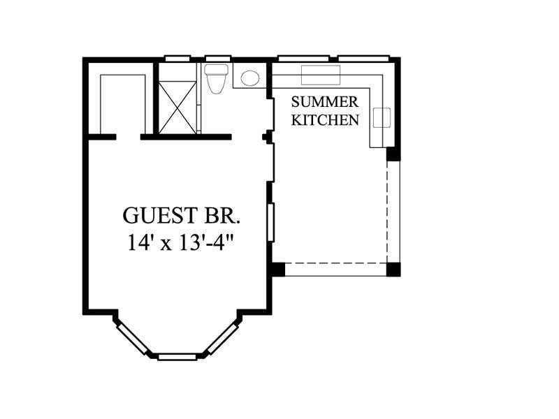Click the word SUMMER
(x=325, y=102)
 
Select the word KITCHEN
(x=325, y=120)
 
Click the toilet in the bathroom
(x=215, y=78)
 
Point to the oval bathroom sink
(x=249, y=78)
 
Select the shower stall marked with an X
(x=177, y=106)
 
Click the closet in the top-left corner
(x=123, y=101)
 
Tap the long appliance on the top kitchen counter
(x=320, y=74)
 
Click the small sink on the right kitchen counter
(x=382, y=118)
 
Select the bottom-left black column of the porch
(x=278, y=269)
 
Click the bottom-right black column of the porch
(x=393, y=269)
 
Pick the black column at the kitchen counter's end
(x=393, y=154)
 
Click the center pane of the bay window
(x=177, y=356)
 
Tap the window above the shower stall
(x=177, y=59)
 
